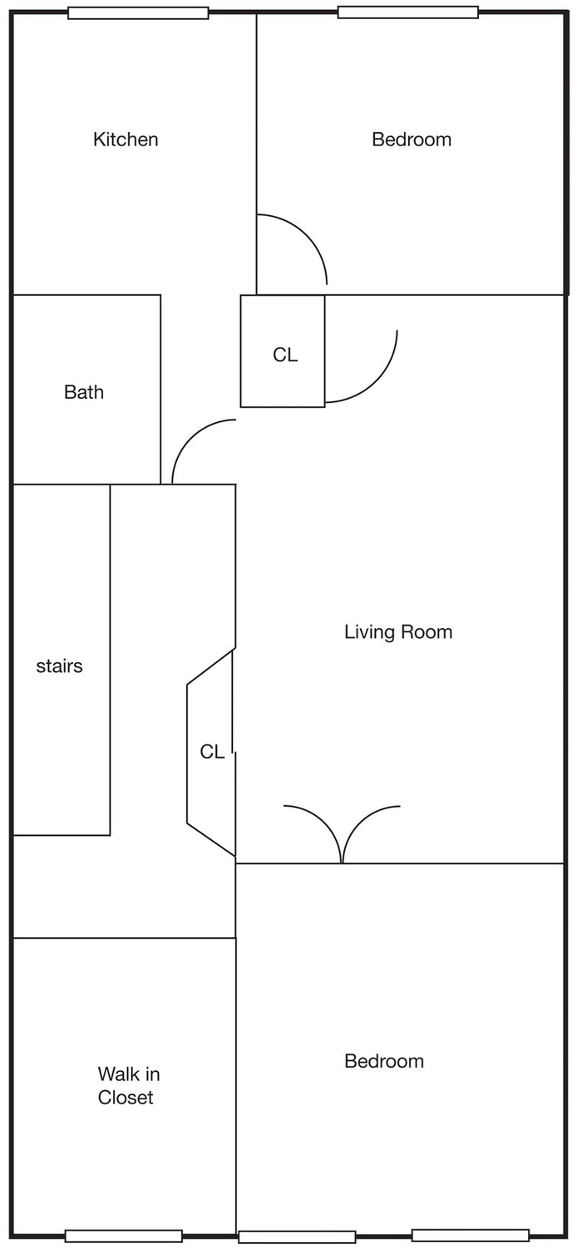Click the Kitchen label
click(x=126, y=140)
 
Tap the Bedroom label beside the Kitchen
click(x=412, y=140)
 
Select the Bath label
click(x=84, y=392)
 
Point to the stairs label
click(x=59, y=666)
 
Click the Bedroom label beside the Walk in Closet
click(x=384, y=1061)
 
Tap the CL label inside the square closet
click(x=285, y=355)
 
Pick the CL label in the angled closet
click(x=212, y=752)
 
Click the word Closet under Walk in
click(x=126, y=1097)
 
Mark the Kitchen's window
click(x=138, y=12)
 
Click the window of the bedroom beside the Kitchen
click(x=408, y=12)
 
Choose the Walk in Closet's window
click(x=124, y=1236)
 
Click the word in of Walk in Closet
click(x=153, y=1074)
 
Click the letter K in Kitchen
click(x=99, y=140)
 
